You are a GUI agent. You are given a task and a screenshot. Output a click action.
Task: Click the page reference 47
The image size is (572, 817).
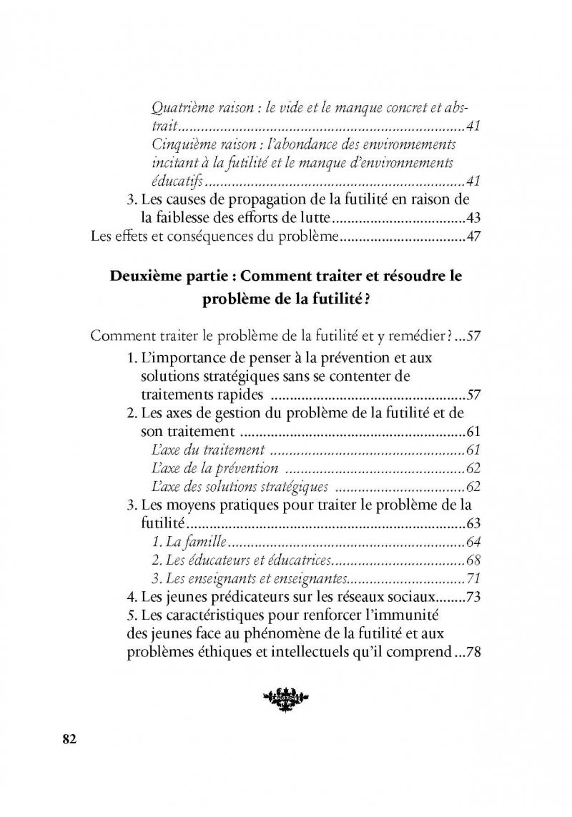pyautogui.click(x=471, y=237)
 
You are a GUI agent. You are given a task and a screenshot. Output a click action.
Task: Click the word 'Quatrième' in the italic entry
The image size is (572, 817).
pyautogui.click(x=182, y=109)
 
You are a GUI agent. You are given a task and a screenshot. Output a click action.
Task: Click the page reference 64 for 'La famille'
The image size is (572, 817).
pyautogui.click(x=471, y=541)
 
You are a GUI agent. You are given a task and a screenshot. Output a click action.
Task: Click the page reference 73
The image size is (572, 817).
pyautogui.click(x=471, y=597)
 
